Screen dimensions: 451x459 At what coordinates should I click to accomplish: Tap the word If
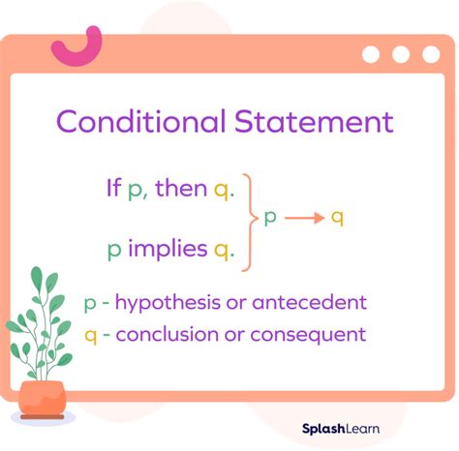[x=113, y=187]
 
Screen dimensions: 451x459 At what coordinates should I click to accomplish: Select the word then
[x=181, y=187]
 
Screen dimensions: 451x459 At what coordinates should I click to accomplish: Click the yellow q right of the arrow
[x=337, y=218]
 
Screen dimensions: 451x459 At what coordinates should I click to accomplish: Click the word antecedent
[x=309, y=303]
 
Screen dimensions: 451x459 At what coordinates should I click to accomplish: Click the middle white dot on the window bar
[x=401, y=54]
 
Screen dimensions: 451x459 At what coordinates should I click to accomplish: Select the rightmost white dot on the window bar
[x=430, y=54]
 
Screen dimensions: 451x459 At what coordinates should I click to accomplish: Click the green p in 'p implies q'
[x=114, y=251]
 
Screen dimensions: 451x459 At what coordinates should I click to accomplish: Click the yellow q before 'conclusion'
[x=90, y=336]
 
